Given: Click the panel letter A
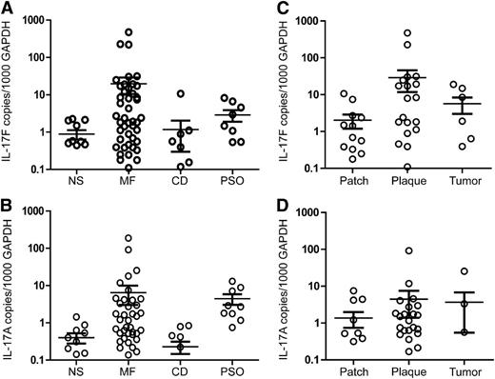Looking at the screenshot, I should [x=7, y=8].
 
